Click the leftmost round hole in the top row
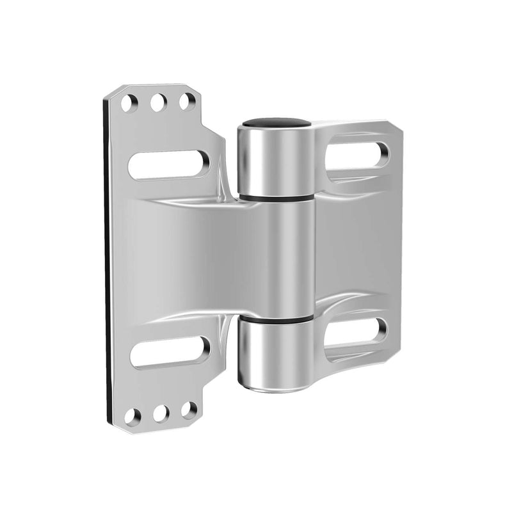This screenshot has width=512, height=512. (x=129, y=103)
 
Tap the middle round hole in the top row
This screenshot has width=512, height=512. (x=159, y=102)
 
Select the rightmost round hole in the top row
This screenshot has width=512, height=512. (x=187, y=101)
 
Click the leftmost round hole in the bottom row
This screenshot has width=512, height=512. (x=132, y=417)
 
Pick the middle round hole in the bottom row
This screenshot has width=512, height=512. (x=161, y=413)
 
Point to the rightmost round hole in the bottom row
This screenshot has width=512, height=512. (x=189, y=410)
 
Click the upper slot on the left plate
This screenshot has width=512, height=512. (x=169, y=164)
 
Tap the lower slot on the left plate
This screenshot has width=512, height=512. (x=170, y=352)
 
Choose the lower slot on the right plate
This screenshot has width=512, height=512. (x=356, y=332)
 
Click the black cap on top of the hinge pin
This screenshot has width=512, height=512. (x=276, y=122)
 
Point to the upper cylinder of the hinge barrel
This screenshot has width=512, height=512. (x=275, y=160)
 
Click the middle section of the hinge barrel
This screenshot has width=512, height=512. (x=276, y=256)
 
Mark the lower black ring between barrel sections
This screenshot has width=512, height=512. (x=276, y=318)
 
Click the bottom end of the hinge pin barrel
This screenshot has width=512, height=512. (x=275, y=387)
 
